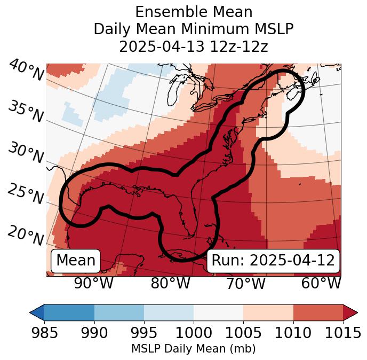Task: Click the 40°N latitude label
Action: [x=26, y=71]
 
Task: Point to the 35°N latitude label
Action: [x=26, y=112]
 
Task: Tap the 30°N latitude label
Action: [x=26, y=154]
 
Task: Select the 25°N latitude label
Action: [x=26, y=195]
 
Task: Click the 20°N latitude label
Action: [x=26, y=236]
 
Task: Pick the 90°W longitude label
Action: [x=94, y=284]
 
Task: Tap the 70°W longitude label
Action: [x=246, y=284]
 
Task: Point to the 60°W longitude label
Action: [x=321, y=284]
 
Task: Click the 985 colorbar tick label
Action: [x=44, y=333]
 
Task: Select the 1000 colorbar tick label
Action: [x=193, y=333]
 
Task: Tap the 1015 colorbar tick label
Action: [x=342, y=333]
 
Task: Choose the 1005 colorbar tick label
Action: [x=243, y=333]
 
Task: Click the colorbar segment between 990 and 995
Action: [x=119, y=312]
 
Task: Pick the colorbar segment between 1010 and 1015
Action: [x=317, y=312]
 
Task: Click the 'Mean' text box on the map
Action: [x=76, y=261]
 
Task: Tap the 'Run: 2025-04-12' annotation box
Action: [x=273, y=261]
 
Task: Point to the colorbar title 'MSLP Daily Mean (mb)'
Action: [x=193, y=349]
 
